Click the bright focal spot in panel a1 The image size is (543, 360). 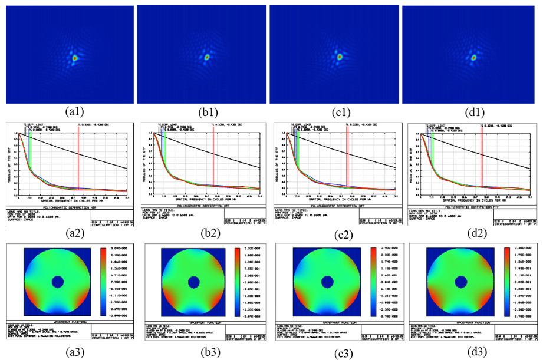click(x=75, y=58)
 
